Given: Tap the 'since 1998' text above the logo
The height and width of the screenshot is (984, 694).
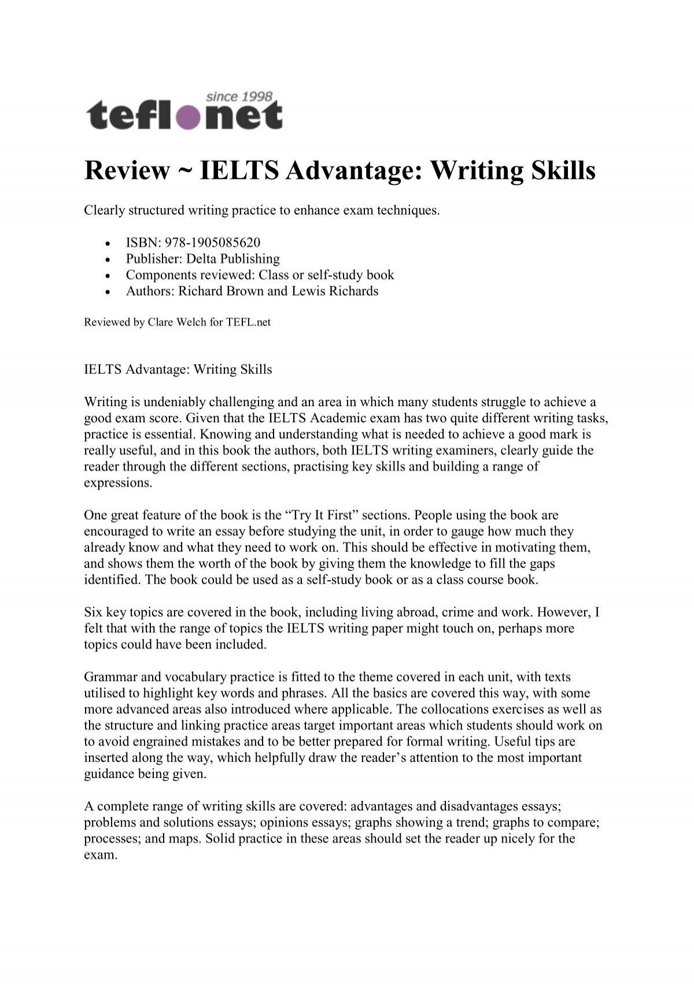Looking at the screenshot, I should point(239,96).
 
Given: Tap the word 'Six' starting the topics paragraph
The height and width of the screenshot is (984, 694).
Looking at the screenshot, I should point(93,612).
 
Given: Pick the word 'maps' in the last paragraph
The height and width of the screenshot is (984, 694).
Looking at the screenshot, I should point(156,839).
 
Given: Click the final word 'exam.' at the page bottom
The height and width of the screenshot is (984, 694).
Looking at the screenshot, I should point(101,855).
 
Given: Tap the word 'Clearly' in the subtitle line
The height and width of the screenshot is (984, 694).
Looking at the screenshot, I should point(104,210).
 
